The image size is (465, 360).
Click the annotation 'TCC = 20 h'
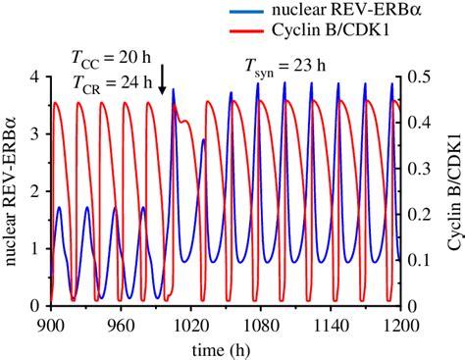pyautogui.click(x=108, y=59)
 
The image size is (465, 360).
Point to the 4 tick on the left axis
pyautogui.click(x=34, y=77)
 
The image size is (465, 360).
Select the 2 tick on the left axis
pyautogui.click(x=34, y=191)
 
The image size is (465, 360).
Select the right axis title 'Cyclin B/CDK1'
pyautogui.click(x=452, y=191)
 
